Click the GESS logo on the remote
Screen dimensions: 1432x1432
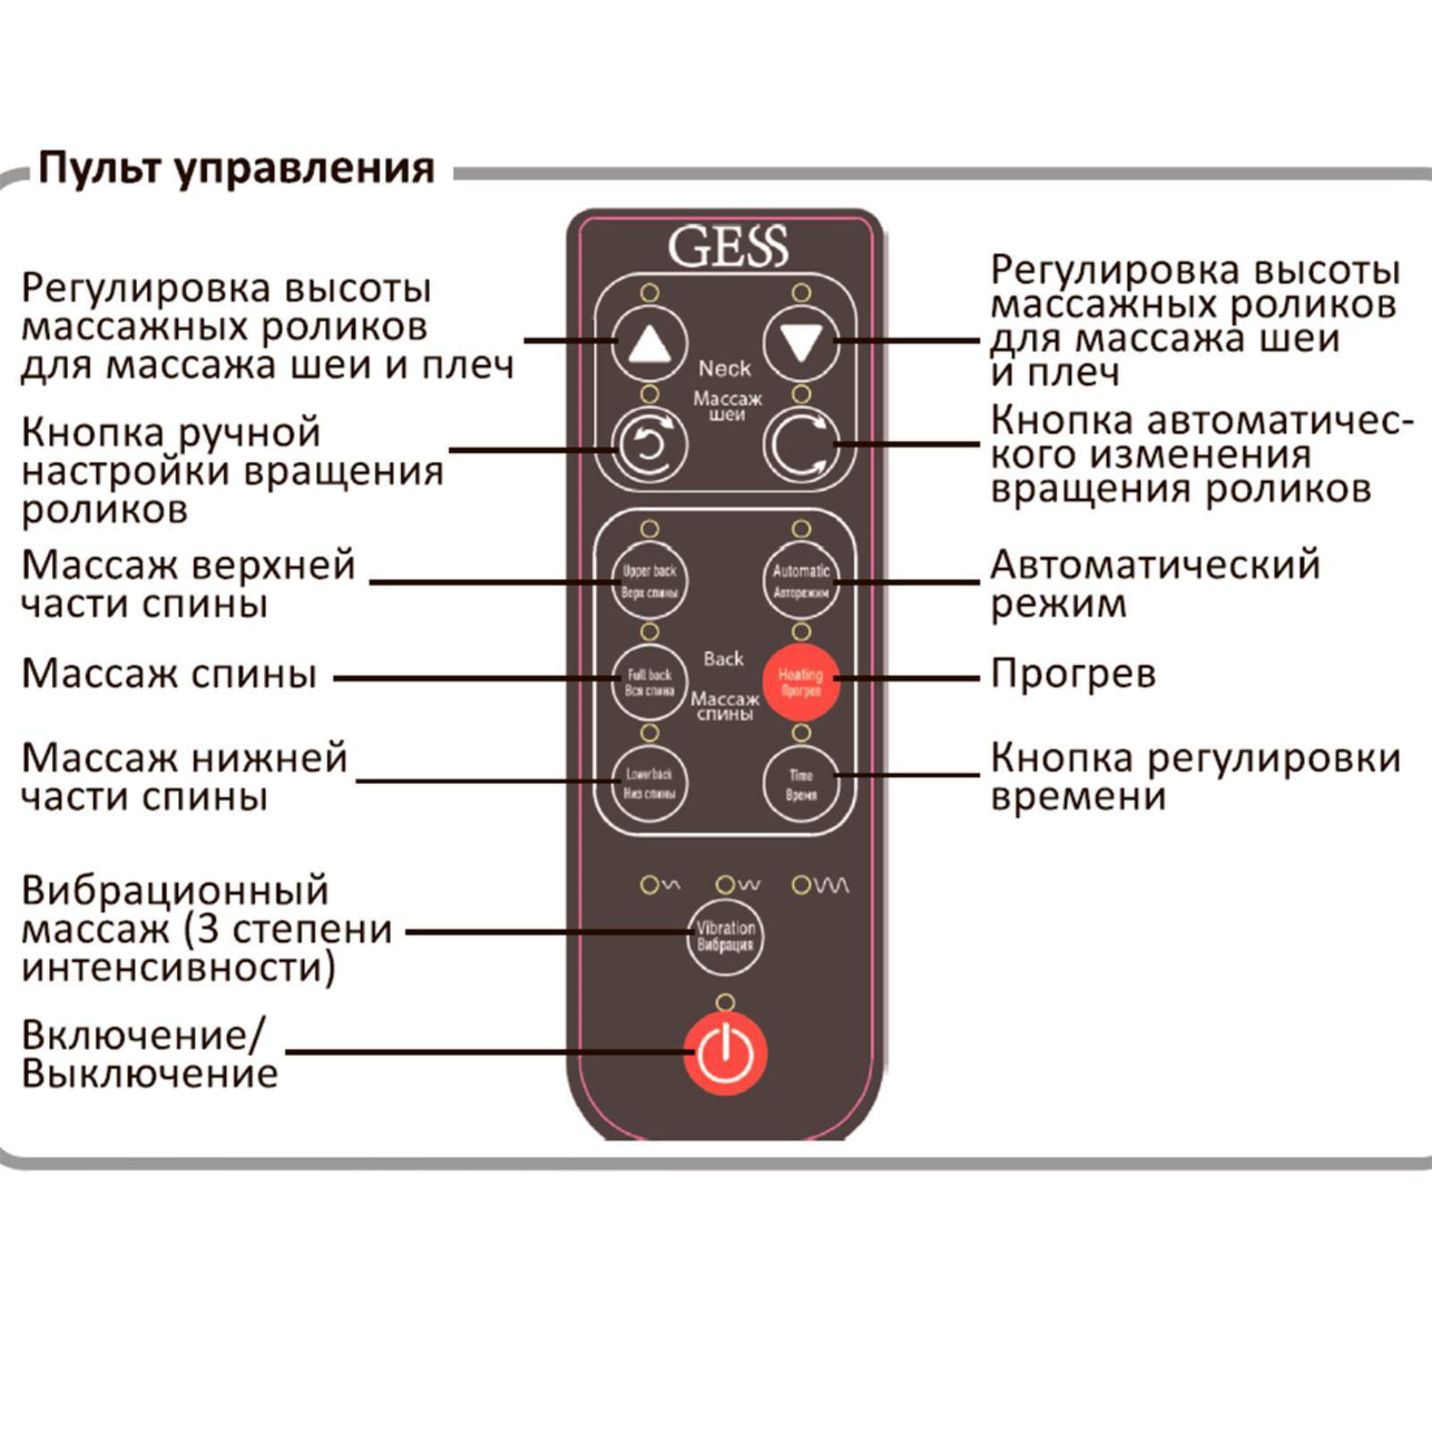coord(727,246)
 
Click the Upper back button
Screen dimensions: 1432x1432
coord(649,581)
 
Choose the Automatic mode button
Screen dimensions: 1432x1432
coord(801,581)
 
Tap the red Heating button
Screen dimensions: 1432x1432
coord(800,682)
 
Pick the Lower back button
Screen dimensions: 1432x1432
coord(649,783)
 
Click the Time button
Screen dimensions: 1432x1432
coord(801,784)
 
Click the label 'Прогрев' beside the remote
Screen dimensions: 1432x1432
coord(1072,674)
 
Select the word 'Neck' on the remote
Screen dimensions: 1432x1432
coord(724,368)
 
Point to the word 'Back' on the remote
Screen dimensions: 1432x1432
coord(723,659)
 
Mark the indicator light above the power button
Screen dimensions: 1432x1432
coord(725,1002)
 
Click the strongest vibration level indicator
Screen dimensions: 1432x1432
coord(801,885)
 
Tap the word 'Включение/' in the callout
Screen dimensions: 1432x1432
coord(143,1036)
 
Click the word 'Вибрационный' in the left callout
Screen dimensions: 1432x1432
coord(175,891)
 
